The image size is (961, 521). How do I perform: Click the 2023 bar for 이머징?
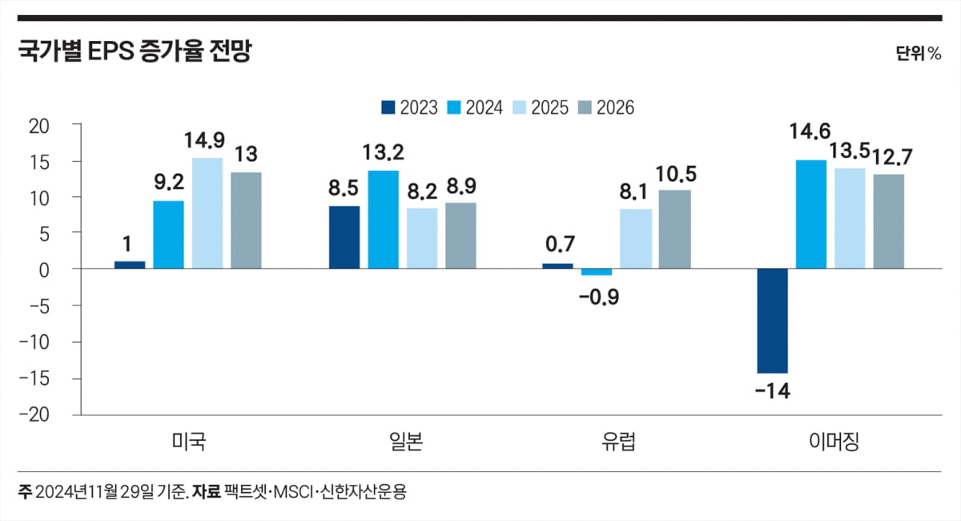pyautogui.click(x=772, y=321)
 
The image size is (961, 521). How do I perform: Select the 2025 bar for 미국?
pyautogui.click(x=207, y=213)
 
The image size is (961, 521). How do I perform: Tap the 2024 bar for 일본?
pyautogui.click(x=384, y=220)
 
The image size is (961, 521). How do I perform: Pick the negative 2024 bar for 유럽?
pyautogui.click(x=597, y=272)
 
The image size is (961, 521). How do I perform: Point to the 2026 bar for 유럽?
pyautogui.click(x=674, y=229)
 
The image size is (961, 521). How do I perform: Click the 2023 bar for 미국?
pyautogui.click(x=130, y=265)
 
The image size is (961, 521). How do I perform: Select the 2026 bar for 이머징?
pyautogui.click(x=888, y=221)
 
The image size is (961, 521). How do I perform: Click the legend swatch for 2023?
pyautogui.click(x=388, y=107)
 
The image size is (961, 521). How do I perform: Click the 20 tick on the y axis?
pyautogui.click(x=39, y=125)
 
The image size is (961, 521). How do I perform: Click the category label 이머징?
pyautogui.click(x=830, y=442)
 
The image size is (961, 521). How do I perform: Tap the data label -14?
pyautogui.click(x=772, y=391)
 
